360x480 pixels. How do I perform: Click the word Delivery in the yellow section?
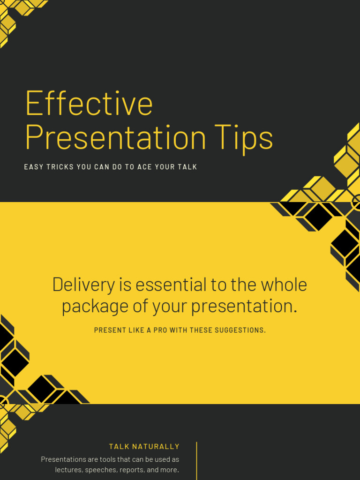(83, 285)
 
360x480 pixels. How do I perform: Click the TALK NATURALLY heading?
(144, 447)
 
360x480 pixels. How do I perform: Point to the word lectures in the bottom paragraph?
(68, 470)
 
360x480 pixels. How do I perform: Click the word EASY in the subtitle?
(33, 167)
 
